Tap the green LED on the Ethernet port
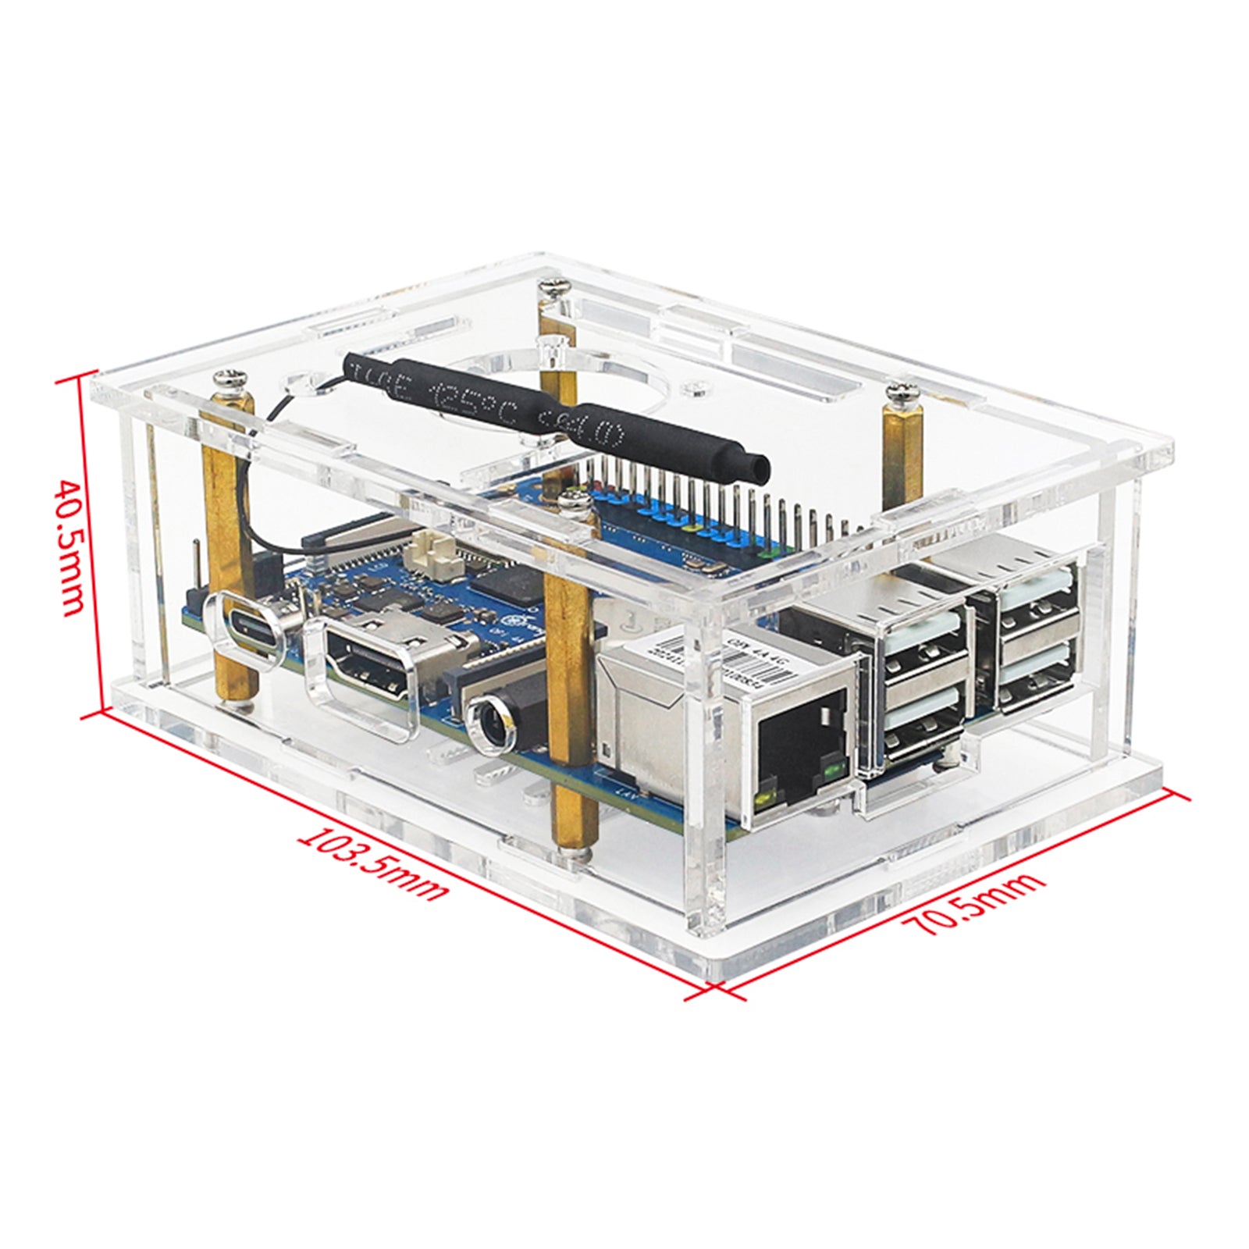pyautogui.click(x=831, y=773)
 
